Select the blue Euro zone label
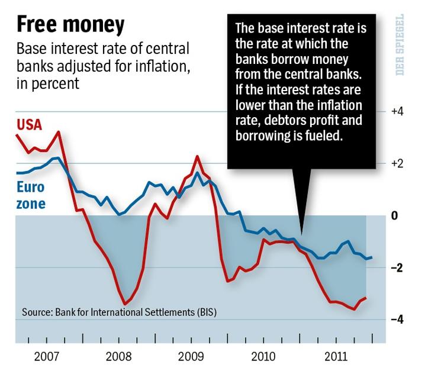(x=30, y=196)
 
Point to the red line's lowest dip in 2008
(x=124, y=303)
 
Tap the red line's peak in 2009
(x=197, y=157)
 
